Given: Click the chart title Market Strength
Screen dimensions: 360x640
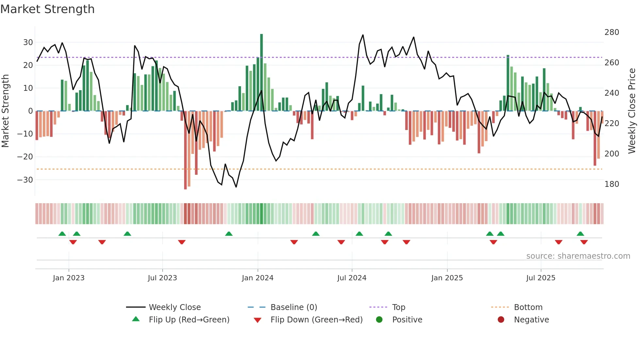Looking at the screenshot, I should point(47,9).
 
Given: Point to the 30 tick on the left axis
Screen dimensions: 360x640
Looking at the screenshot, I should point(28,42).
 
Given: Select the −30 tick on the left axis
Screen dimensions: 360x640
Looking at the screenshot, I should point(25,180).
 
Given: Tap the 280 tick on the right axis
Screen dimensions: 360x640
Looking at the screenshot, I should point(612,32).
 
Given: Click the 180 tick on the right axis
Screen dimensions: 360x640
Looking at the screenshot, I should point(612,184).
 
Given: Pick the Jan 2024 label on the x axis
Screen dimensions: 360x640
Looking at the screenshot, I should point(257,278).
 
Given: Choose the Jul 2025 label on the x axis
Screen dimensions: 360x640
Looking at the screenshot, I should point(540,278).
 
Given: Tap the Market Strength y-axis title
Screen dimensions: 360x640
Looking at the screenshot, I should point(5,111).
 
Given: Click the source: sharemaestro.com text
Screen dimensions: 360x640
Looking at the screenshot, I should point(578,256).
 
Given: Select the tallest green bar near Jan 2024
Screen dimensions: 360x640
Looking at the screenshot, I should point(262,72).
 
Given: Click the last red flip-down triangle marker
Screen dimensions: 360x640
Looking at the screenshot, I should point(584,242).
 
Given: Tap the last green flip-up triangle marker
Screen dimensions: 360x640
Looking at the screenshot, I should point(580,234).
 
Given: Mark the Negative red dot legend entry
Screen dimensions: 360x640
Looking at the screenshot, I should point(501,320).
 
